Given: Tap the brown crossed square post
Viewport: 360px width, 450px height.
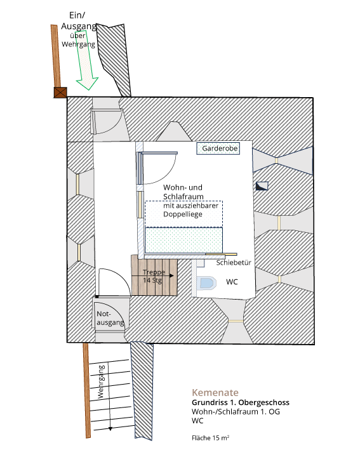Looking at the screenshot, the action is click(60, 93).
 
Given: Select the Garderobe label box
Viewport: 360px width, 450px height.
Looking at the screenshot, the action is click(218, 149).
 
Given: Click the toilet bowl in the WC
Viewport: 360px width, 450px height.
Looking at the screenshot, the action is click(207, 283).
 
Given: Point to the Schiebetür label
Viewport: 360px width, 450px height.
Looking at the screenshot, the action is click(234, 263).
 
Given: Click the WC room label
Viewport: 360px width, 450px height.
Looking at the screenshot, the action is click(232, 282).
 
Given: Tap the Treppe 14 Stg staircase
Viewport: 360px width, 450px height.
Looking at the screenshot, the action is click(154, 275).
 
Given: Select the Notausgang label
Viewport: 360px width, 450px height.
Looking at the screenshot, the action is click(110, 318).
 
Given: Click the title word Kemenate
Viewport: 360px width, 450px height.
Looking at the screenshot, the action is click(215, 392).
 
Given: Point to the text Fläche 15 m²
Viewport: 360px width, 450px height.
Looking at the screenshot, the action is click(210, 438).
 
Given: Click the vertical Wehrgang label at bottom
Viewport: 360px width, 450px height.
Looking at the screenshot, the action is click(101, 381).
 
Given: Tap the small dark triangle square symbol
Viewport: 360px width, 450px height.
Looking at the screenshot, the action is click(262, 186).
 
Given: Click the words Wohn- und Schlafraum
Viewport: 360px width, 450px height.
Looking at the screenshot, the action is click(183, 192).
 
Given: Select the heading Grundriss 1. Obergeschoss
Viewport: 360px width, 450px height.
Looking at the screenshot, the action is click(241, 402).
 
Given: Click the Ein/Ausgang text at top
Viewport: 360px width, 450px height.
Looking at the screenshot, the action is click(78, 21).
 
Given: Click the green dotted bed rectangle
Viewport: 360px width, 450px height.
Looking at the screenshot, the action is click(183, 240).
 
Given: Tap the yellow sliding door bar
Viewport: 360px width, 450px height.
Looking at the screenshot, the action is click(222, 255).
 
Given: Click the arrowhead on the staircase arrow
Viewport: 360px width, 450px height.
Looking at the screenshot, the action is click(171, 276).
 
